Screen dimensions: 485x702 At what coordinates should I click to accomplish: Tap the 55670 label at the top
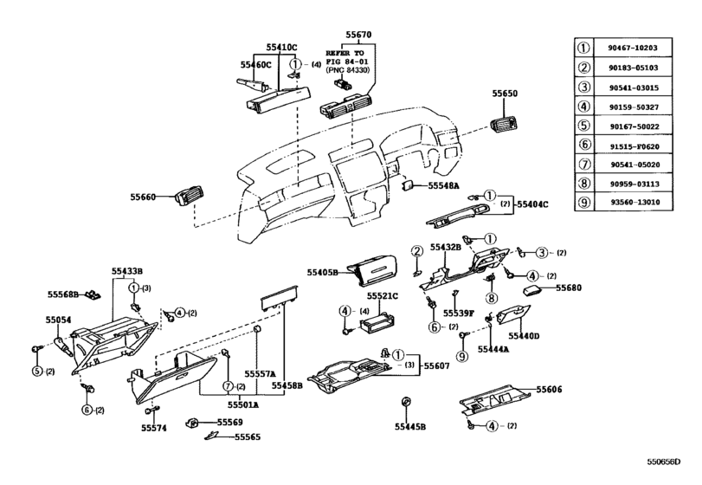click(x=358, y=36)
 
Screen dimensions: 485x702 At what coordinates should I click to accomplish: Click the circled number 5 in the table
click(x=587, y=126)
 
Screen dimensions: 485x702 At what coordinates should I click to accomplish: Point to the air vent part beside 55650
click(x=506, y=126)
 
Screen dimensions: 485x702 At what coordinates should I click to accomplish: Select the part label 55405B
click(x=322, y=272)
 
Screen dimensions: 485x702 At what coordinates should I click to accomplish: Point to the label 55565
click(x=248, y=438)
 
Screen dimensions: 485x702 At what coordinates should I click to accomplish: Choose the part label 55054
click(x=58, y=320)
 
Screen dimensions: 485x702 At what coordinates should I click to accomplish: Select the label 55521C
click(x=381, y=296)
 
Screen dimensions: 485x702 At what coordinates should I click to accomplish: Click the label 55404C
click(x=533, y=204)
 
